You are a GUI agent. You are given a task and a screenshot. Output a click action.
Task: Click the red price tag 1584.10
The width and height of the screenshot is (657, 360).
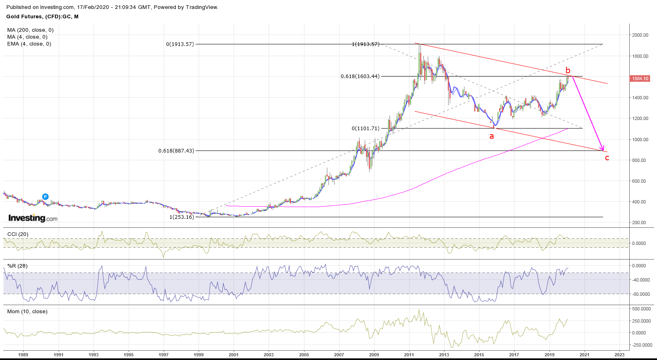click(x=640, y=79)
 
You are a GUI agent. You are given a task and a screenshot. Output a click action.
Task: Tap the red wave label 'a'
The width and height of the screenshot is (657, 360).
click(x=491, y=136)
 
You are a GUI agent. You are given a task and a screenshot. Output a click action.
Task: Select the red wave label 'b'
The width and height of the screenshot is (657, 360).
click(x=568, y=70)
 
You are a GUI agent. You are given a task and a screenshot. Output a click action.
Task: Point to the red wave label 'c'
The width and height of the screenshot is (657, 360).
click(x=607, y=158)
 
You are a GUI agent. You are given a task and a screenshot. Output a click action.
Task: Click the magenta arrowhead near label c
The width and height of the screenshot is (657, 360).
click(x=603, y=149)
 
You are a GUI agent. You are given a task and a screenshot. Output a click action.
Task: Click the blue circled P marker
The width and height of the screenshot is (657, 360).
click(x=46, y=197)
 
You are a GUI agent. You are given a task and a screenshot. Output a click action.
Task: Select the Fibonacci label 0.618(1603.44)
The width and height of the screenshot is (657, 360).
click(x=360, y=76)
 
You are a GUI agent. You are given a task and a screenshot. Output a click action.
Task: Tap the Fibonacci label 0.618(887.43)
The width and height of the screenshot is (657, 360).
click(x=176, y=151)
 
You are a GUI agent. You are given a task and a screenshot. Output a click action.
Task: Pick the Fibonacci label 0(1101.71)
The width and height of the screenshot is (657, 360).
click(x=366, y=129)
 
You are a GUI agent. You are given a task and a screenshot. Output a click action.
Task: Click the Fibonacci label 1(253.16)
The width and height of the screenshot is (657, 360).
click(x=182, y=217)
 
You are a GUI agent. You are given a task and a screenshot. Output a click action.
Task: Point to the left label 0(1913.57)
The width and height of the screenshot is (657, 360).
click(x=180, y=44)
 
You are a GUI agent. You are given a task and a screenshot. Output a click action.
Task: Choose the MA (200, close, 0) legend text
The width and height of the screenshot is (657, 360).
click(x=31, y=30)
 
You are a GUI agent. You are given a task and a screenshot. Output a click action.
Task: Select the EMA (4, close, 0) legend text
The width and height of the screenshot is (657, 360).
click(x=29, y=44)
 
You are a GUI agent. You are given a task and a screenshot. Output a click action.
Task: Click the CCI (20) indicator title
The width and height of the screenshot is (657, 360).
click(x=18, y=234)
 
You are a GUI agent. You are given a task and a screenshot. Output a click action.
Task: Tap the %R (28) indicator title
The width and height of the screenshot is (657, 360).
click(x=18, y=266)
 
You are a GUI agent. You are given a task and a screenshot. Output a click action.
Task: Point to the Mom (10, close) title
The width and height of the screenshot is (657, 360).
click(x=27, y=312)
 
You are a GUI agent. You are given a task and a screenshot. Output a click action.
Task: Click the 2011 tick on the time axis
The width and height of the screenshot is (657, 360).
click(x=409, y=355)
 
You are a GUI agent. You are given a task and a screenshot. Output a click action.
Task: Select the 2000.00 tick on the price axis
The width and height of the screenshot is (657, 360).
click(x=640, y=35)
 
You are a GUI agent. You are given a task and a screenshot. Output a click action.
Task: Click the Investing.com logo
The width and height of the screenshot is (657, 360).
click(x=33, y=218)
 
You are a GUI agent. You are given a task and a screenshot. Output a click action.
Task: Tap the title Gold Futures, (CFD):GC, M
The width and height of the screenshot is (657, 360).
click(x=42, y=17)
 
